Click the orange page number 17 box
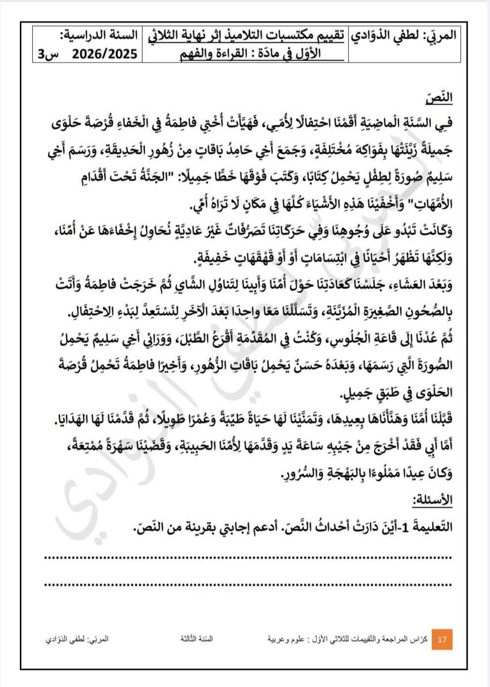[442, 640]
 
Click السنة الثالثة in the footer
[196, 639]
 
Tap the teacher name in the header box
[404, 37]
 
